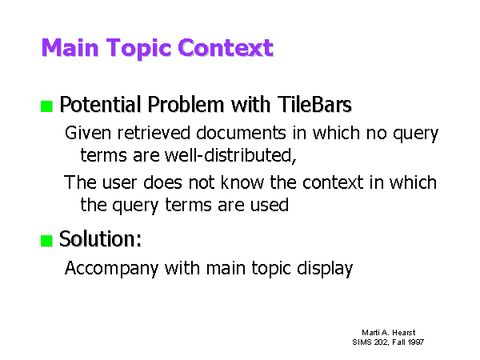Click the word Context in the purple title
pos(226,48)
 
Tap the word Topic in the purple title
pos(138,49)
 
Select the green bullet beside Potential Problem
pos(46,106)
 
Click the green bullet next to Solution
pos(46,241)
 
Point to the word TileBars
pos(314,104)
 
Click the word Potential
pos(101,104)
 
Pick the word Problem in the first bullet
pos(186,104)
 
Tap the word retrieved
pos(154,133)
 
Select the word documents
pos(242,133)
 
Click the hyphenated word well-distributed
pos(230,155)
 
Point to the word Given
pos(88,133)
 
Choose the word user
pos(119,182)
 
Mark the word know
pos(242,182)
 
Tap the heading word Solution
pos(101,238)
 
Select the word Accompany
pos(111,269)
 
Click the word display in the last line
pos(325,269)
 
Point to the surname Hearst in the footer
pos(404,333)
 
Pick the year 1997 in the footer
pos(416,342)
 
